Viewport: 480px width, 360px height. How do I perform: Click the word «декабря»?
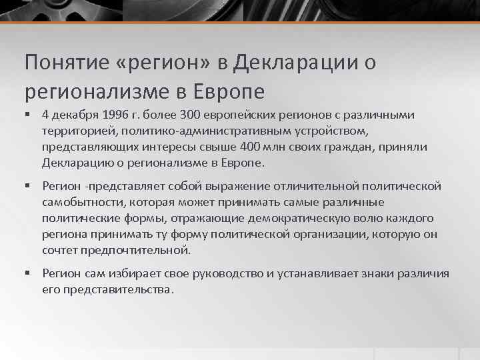tap(77, 115)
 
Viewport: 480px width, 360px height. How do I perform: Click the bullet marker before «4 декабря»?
tap(28, 116)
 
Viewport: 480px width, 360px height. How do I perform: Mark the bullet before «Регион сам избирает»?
tap(28, 274)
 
